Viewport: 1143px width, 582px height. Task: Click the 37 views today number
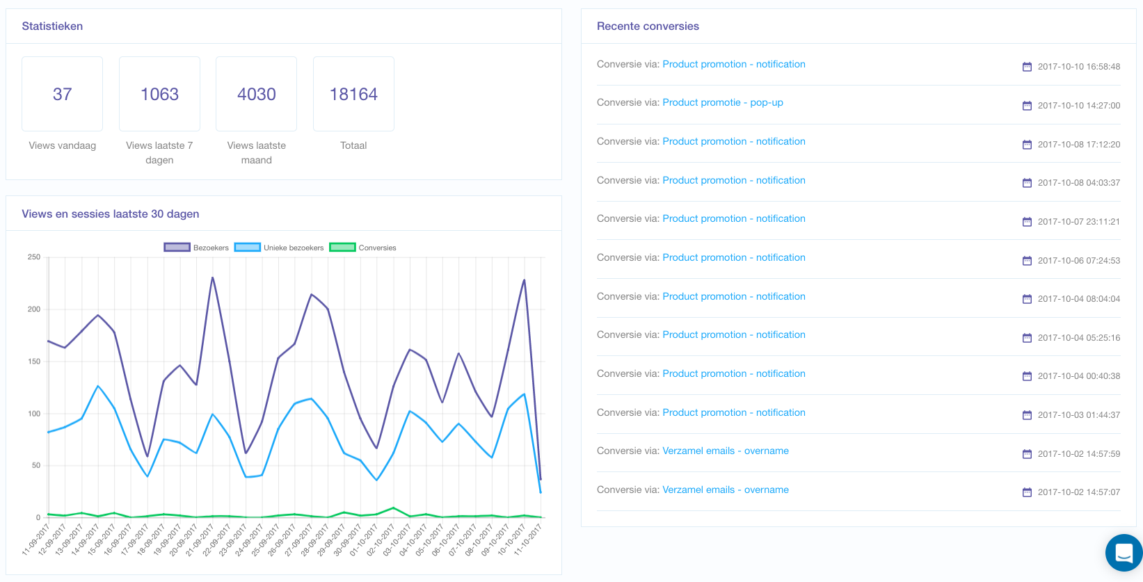(62, 95)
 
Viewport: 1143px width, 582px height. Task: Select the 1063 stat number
(159, 95)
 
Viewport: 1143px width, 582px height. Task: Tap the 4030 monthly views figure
(256, 95)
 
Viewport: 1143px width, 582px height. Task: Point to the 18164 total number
(353, 95)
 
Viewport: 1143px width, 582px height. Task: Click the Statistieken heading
(52, 26)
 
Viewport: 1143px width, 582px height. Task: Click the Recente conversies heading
(648, 26)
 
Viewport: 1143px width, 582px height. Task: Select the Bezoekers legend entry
(196, 248)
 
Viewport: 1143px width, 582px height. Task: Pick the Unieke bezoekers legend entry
(279, 248)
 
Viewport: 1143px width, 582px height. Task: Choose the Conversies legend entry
(363, 248)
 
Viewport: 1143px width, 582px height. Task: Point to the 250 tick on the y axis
(34, 257)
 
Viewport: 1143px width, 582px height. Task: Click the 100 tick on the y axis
(34, 414)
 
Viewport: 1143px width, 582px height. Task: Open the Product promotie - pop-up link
(723, 102)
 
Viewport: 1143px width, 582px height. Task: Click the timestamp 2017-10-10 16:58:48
(1079, 67)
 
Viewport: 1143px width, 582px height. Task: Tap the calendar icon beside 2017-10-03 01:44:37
(1027, 415)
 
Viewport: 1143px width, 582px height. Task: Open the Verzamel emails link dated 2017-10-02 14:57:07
(725, 490)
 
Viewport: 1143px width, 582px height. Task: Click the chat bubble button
(1124, 552)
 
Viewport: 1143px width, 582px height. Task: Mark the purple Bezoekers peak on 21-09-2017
(212, 277)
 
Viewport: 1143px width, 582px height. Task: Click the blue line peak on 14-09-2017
(98, 386)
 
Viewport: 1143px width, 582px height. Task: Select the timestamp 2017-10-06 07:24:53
(1079, 261)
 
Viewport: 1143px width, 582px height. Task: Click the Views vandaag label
(62, 145)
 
